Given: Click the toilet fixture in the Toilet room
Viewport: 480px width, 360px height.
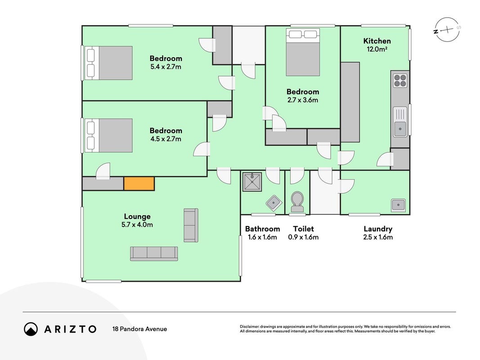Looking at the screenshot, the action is [297, 202].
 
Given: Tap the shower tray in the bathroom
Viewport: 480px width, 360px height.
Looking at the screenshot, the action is [252, 182].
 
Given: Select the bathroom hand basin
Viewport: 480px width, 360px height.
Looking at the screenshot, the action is [274, 203].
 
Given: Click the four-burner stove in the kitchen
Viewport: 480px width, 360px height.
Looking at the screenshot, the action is [400, 81].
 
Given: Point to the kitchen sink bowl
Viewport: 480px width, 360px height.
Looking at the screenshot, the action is [400, 129].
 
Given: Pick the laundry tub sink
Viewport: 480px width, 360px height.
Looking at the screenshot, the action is [398, 205].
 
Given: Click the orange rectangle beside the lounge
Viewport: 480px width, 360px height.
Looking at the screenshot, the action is [139, 183].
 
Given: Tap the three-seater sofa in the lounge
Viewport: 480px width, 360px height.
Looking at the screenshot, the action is [154, 253].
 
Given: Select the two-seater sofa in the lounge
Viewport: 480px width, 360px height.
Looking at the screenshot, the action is [191, 225].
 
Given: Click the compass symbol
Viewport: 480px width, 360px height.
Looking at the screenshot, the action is [448, 30].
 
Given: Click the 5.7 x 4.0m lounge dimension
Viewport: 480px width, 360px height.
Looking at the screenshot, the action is [137, 225].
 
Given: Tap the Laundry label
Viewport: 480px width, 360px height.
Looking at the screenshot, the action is [378, 229].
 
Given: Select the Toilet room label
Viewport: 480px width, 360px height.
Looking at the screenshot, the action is [303, 229].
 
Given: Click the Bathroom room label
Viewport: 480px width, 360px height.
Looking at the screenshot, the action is [262, 229].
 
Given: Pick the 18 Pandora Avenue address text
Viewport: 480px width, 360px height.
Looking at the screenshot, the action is [139, 329].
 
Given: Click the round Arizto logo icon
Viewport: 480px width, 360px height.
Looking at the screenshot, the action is [31, 329].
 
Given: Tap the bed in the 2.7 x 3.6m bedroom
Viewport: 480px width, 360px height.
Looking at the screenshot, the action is [303, 52].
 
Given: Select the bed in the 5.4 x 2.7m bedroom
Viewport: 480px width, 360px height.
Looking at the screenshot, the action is [108, 63].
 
